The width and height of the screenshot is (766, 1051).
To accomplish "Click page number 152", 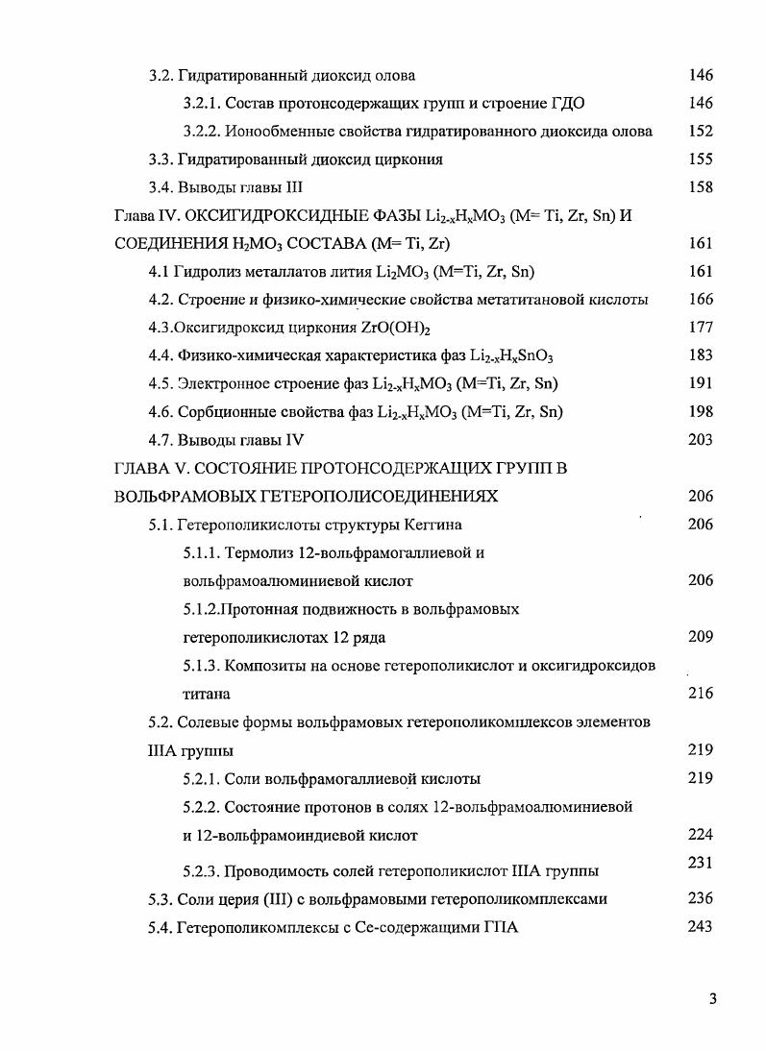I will (x=701, y=132).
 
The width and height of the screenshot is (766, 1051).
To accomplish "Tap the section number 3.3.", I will (x=161, y=159).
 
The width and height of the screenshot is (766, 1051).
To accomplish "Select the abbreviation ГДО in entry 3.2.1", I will (x=566, y=104).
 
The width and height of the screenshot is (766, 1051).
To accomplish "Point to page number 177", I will (x=701, y=328).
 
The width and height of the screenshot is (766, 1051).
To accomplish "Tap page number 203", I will (x=701, y=440).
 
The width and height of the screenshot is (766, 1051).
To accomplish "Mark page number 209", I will (x=701, y=636).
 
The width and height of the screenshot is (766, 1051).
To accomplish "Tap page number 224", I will (x=701, y=835).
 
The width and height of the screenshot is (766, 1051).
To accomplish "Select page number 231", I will (x=701, y=863).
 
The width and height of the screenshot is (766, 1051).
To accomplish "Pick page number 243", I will (x=701, y=927).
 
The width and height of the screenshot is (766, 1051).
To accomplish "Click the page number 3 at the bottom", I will (x=712, y=998).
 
